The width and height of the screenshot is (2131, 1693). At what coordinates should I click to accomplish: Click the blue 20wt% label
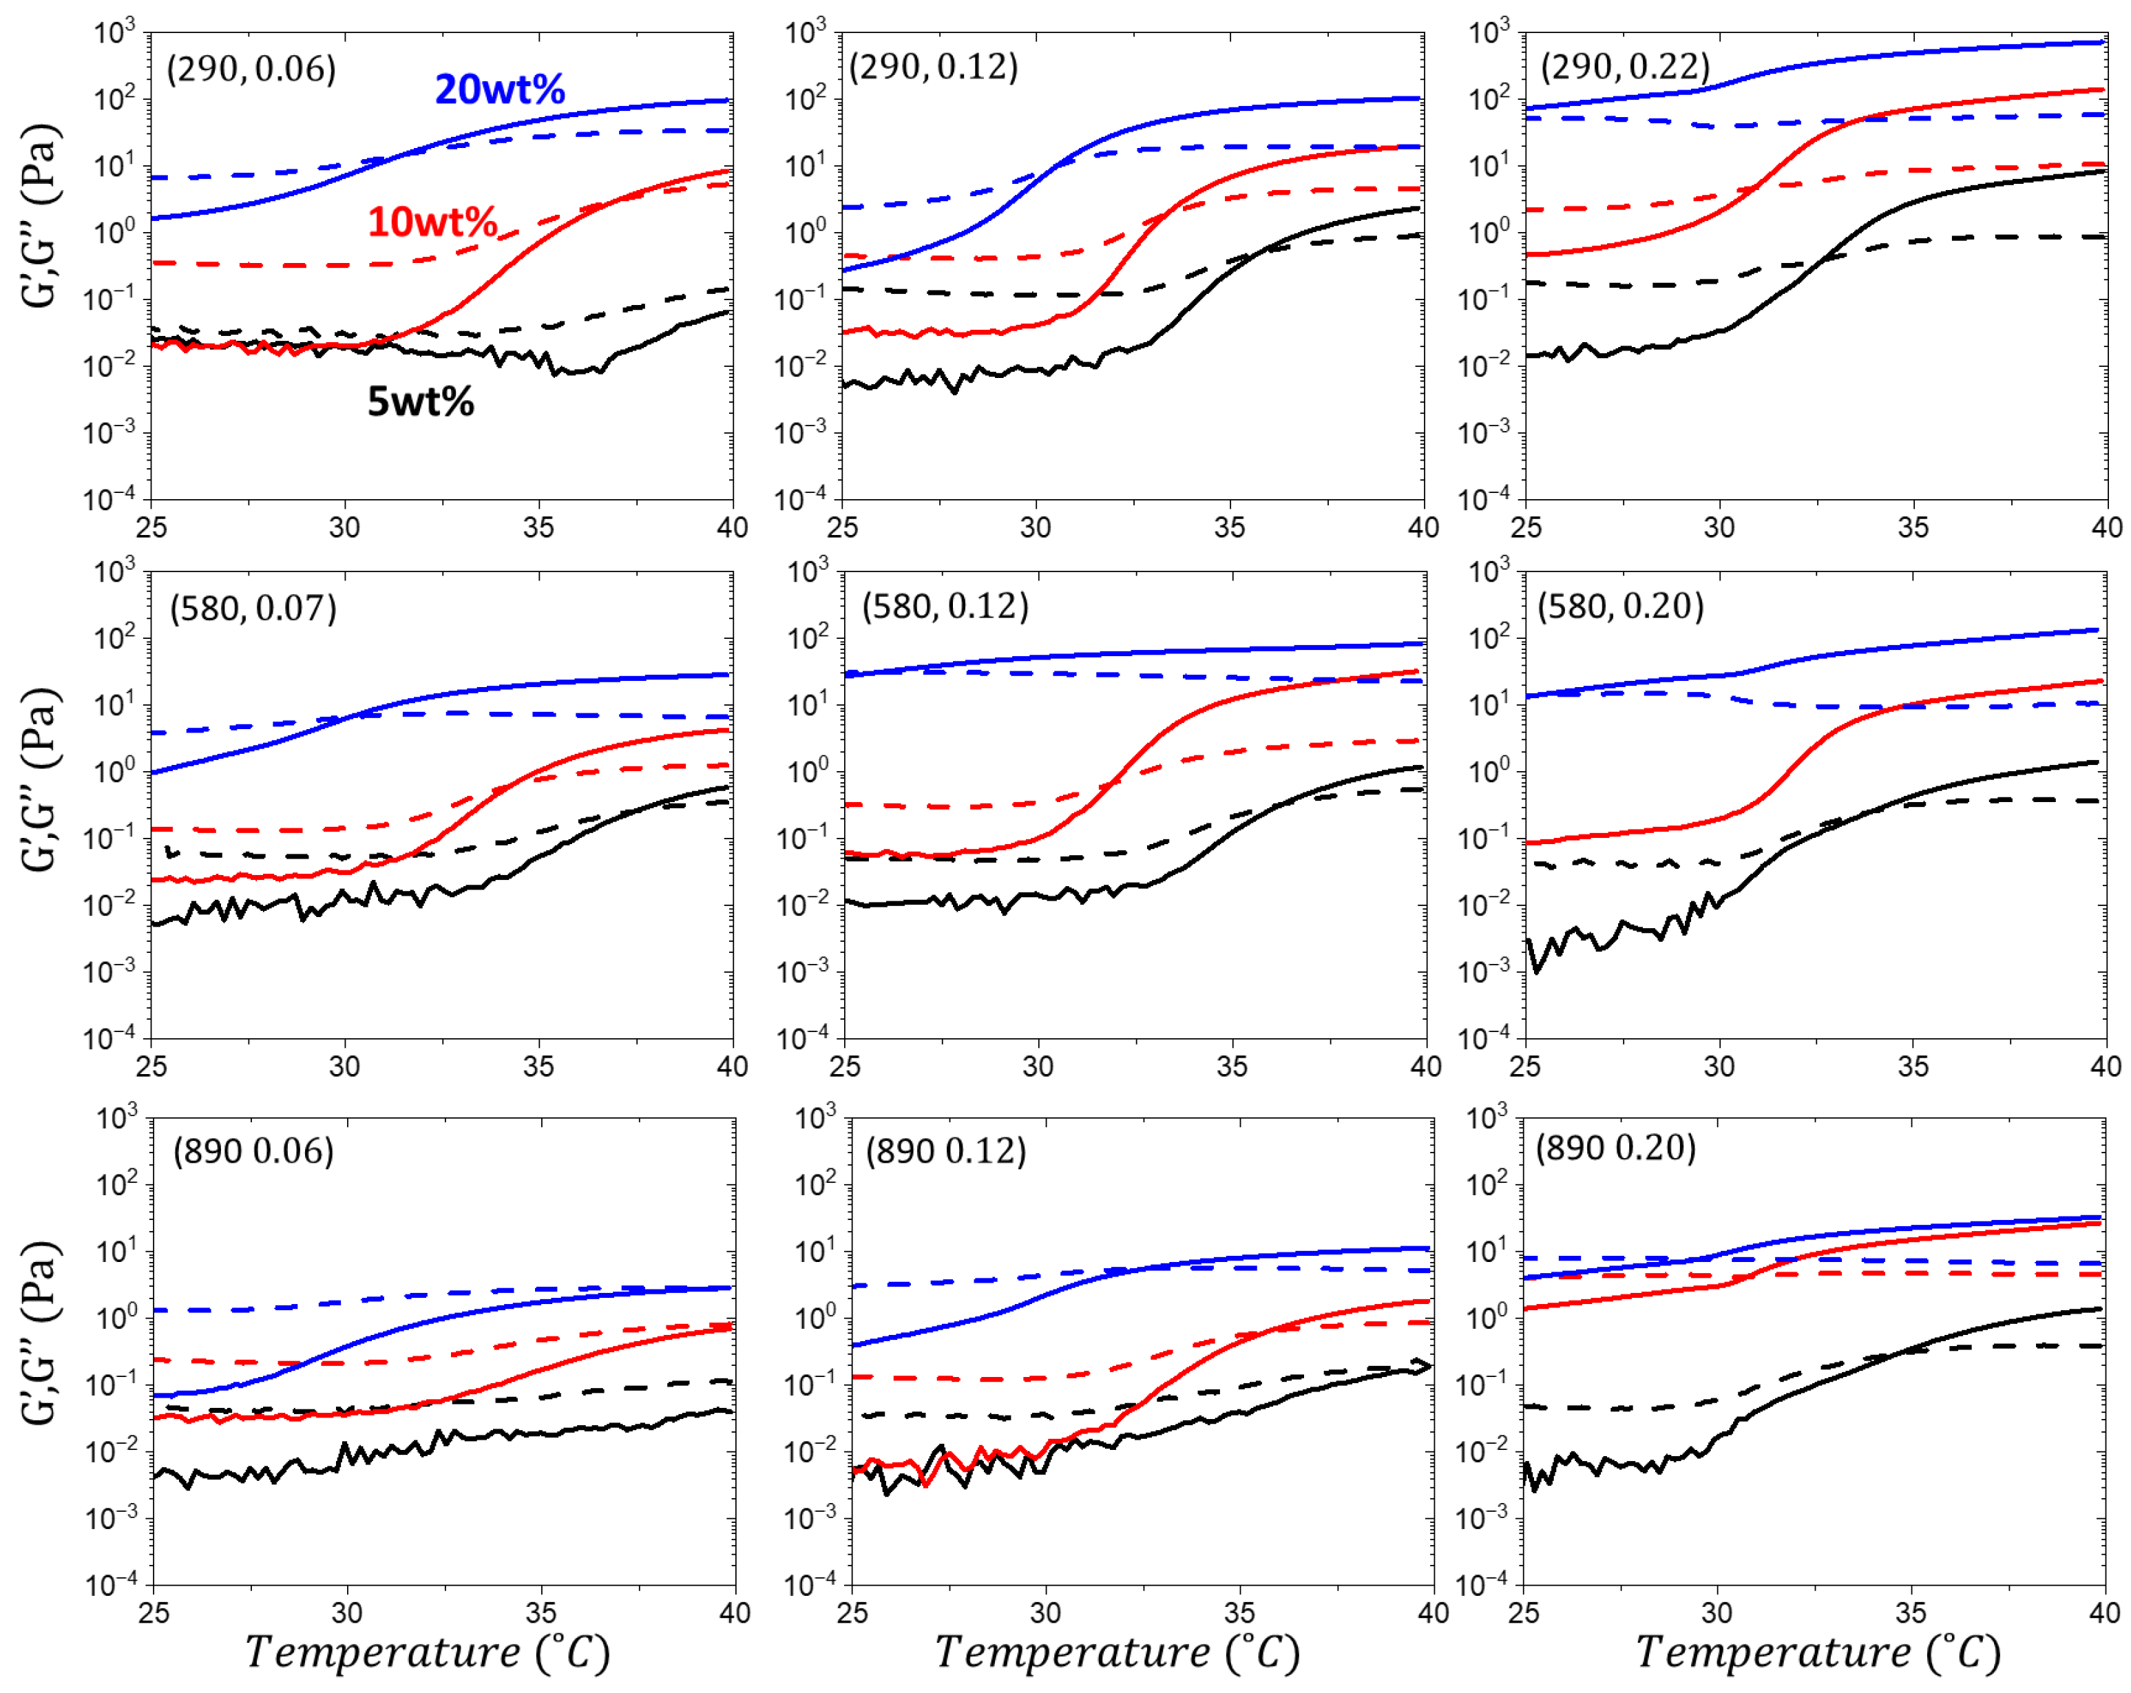(499, 90)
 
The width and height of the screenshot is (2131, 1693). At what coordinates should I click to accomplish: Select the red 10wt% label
(432, 222)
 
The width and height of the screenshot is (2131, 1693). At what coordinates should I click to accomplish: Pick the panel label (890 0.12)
(946, 1151)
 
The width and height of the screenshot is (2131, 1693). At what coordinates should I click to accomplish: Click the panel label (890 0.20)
(1615, 1148)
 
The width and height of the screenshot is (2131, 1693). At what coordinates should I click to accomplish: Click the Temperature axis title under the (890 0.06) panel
(427, 1652)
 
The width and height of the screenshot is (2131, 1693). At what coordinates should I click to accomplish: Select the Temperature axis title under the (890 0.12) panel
(1117, 1652)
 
